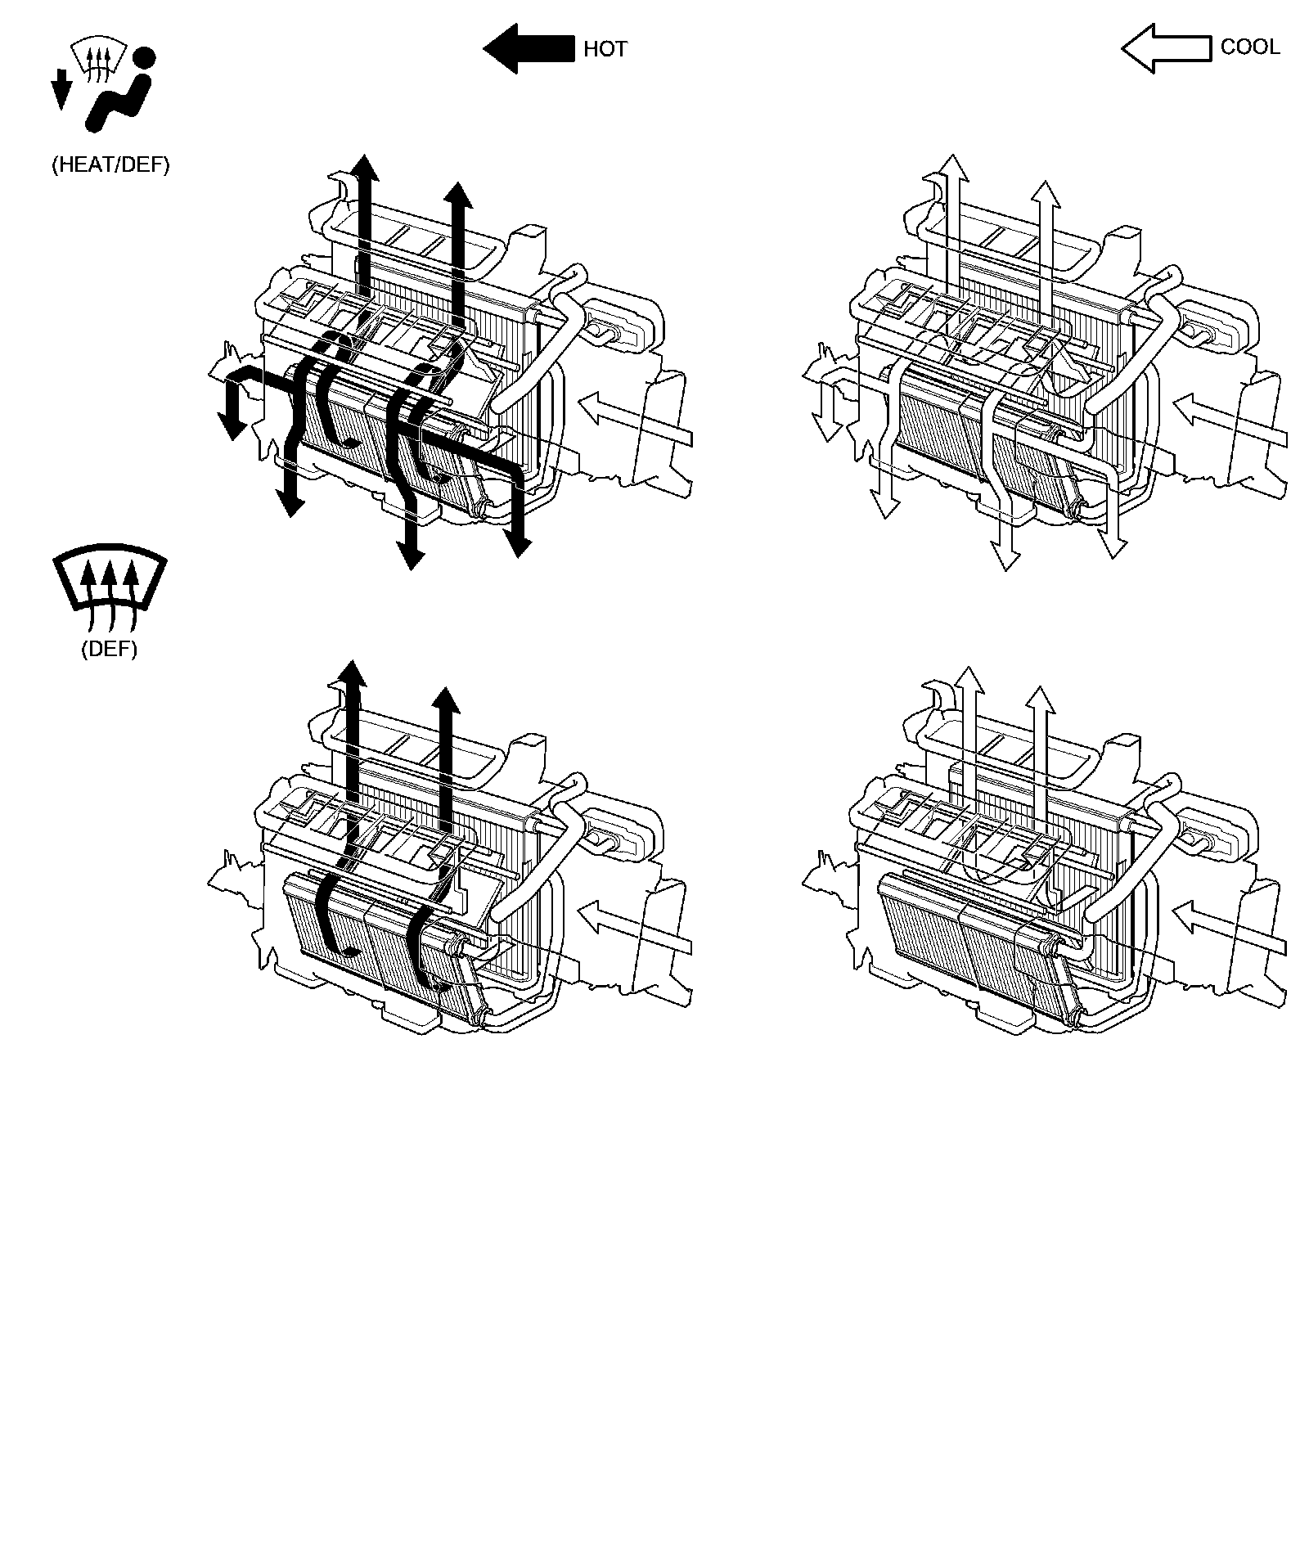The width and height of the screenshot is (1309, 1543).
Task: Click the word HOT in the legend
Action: click(x=605, y=49)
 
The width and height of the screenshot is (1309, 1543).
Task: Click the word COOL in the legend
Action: click(x=1250, y=47)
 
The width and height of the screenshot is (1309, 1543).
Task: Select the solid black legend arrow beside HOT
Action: click(x=529, y=48)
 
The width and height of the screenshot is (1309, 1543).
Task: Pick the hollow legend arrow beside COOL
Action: click(x=1166, y=48)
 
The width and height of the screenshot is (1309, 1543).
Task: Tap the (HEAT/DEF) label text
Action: click(x=110, y=164)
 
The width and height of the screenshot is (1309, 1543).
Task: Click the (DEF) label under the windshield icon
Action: click(x=109, y=649)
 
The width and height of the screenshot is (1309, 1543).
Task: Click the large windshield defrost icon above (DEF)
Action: click(x=110, y=582)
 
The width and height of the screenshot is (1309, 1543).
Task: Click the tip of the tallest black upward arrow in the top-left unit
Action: click(x=366, y=153)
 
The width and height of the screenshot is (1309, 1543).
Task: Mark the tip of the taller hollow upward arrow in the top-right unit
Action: click(x=953, y=153)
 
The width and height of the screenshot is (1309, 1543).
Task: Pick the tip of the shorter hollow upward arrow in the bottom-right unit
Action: click(x=1041, y=686)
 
